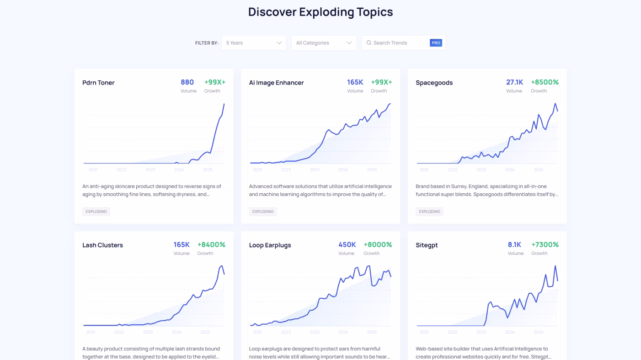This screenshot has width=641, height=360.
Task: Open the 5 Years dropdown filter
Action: point(254,43)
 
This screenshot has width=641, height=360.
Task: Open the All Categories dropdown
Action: point(324,43)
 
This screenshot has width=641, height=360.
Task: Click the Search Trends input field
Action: point(395,43)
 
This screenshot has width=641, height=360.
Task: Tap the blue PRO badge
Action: point(436,43)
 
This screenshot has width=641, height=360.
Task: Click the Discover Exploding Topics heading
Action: point(320,12)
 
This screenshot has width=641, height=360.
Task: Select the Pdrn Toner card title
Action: point(98,83)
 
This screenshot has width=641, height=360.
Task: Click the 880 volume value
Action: point(187,82)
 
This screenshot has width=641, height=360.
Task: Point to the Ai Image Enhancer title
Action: point(276,83)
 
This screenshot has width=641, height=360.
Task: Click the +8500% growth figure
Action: point(545,82)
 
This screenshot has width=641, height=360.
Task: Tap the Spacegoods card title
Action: point(434,83)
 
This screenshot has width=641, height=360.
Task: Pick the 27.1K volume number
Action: point(514,82)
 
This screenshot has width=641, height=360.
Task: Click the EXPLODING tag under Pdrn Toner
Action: point(96,212)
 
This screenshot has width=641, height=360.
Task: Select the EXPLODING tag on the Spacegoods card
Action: point(429,212)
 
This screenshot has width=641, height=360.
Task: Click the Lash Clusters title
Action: point(102,245)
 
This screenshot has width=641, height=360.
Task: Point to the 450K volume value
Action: point(347,245)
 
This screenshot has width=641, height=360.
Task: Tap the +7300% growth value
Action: point(545,245)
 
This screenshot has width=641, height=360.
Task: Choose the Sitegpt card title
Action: point(427,245)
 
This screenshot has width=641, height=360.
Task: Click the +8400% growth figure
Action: point(211,245)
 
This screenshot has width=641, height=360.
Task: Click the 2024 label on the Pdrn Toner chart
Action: point(179,170)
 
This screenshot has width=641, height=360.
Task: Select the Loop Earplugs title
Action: point(270,245)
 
